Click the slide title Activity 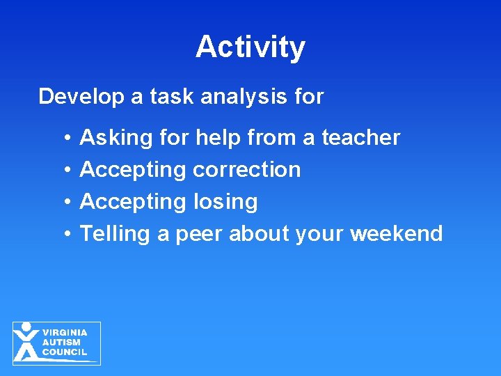(x=250, y=47)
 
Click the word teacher (x=360, y=138)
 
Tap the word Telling (x=115, y=234)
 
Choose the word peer (x=199, y=234)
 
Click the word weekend (x=396, y=234)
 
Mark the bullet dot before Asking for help (x=64, y=139)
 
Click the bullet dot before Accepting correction (x=64, y=170)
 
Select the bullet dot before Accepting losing (x=64, y=202)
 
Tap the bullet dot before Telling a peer (x=64, y=234)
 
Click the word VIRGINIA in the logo (x=65, y=333)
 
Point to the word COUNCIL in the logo (x=65, y=352)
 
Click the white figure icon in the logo (x=26, y=342)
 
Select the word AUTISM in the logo (x=61, y=343)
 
